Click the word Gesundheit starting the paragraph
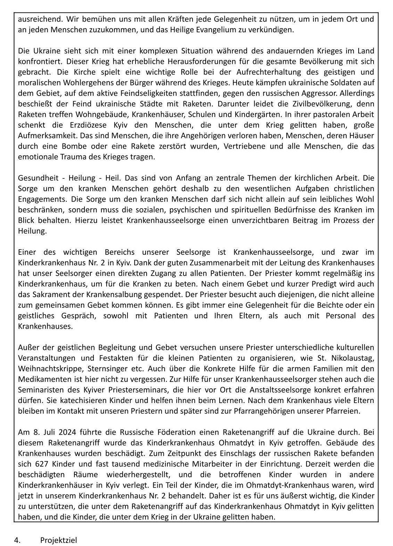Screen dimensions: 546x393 pyautogui.click(x=35, y=178)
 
